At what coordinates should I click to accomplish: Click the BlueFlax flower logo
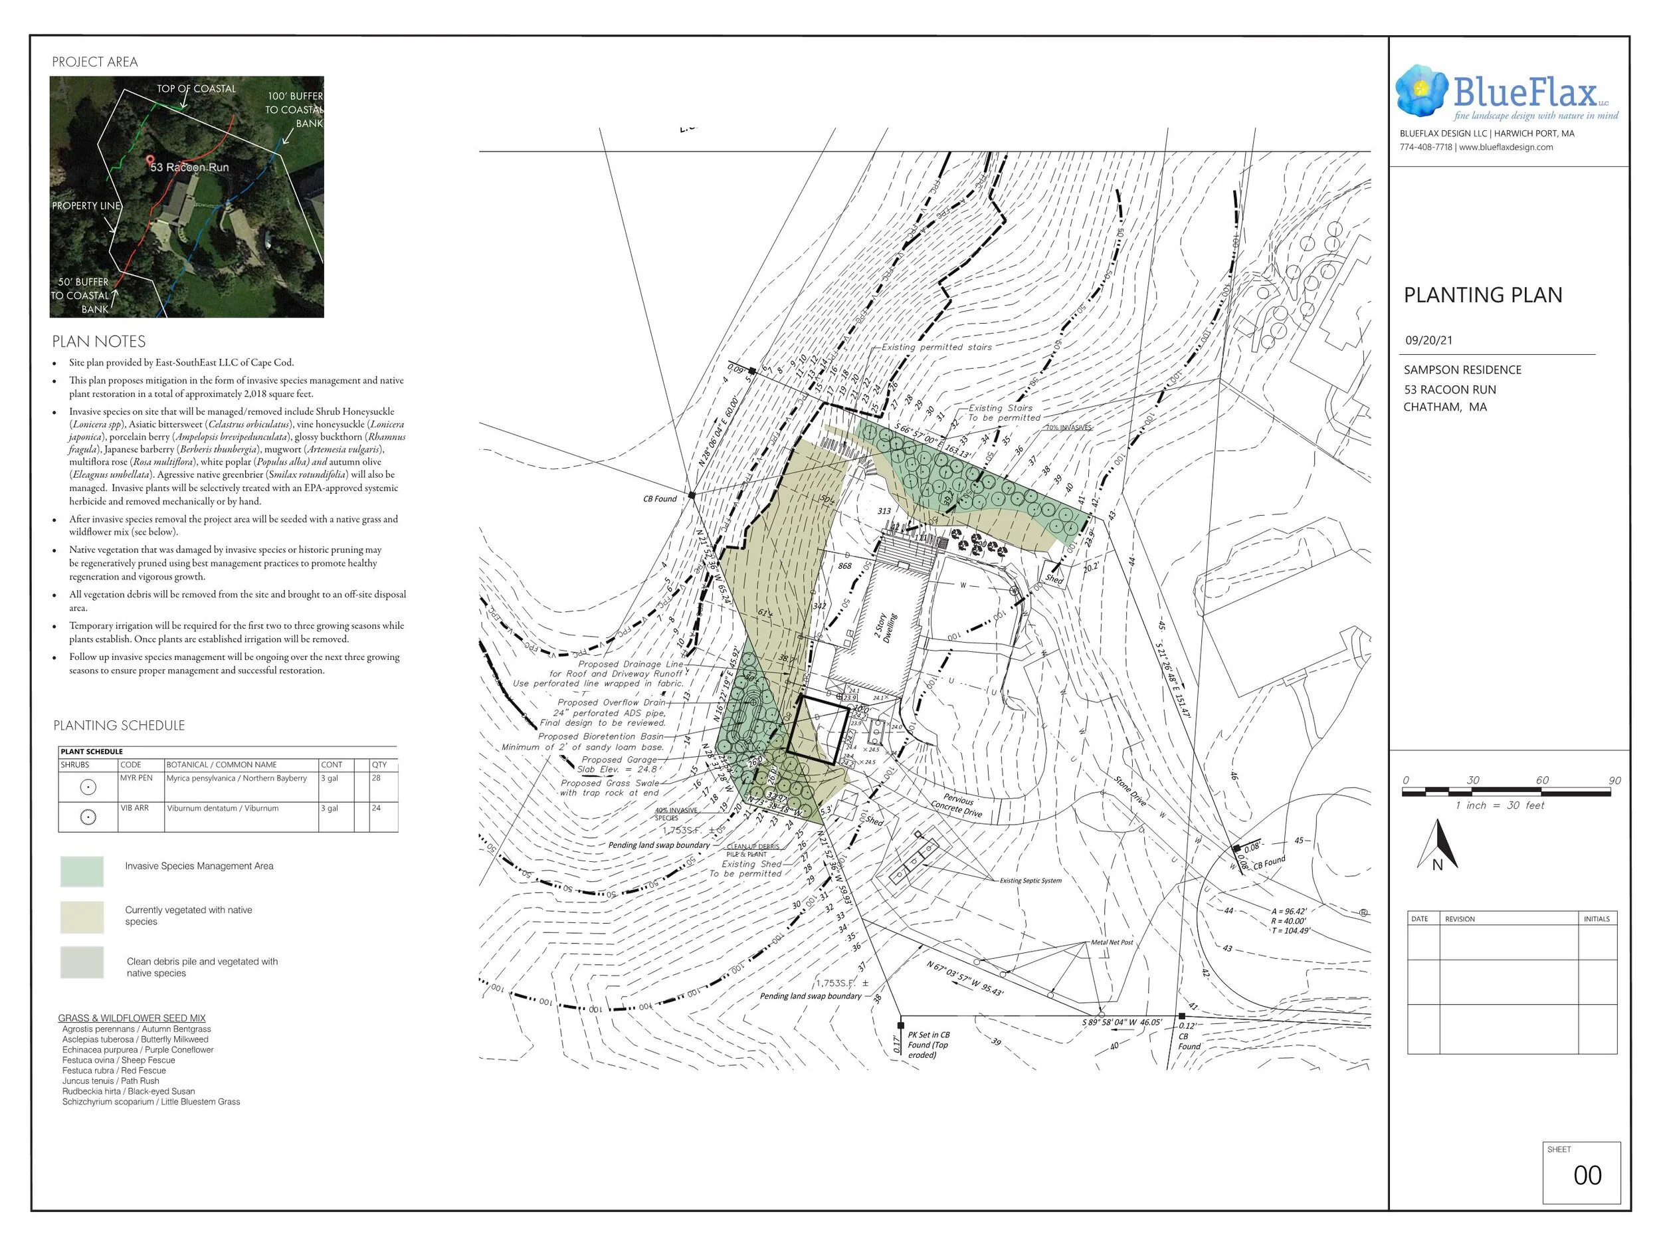pos(1421,91)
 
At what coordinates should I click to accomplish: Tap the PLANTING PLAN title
pos(1482,295)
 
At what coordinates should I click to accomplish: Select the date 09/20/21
pos(1428,340)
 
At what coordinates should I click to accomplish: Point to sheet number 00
pos(1587,1176)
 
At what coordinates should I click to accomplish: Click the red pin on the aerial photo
pos(149,161)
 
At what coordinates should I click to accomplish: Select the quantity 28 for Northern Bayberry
pos(376,778)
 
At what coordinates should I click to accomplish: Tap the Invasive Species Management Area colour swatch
pos(82,872)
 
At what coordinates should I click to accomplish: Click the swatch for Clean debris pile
pos(82,962)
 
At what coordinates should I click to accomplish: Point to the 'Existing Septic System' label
pos(1030,881)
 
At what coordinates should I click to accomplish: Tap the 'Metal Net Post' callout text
pos(1112,942)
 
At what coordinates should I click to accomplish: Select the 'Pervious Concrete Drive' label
pos(957,806)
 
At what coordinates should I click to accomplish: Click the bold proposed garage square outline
pos(819,728)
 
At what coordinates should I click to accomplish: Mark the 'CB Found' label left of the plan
pos(660,498)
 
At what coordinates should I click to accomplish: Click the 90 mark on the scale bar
pos(1614,780)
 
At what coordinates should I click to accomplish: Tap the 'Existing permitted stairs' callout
pos(936,347)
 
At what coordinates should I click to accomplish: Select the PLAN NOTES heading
pos(98,342)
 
